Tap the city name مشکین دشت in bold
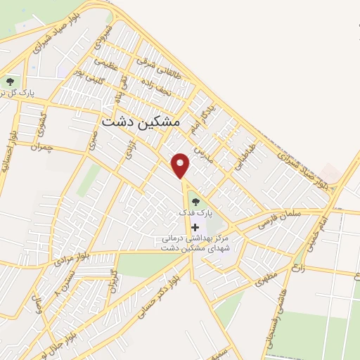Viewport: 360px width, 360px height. (141, 121)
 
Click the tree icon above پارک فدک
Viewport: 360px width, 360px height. (195, 202)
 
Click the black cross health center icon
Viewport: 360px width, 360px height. (195, 226)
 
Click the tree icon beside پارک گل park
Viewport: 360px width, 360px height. (10, 82)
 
